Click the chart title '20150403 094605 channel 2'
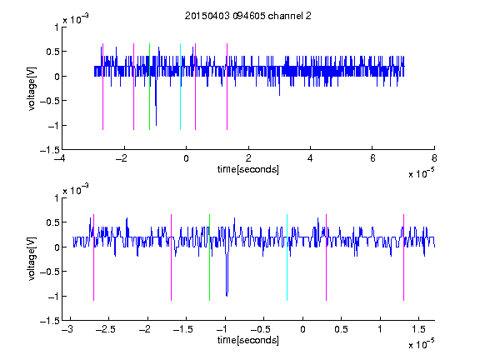tap(248, 16)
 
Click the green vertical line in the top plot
tap(149, 87)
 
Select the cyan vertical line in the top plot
tap(180, 87)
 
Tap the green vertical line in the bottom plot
tap(209, 257)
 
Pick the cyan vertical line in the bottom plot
tap(287, 257)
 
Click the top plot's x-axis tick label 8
tap(434, 158)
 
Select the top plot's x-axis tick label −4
tap(60, 158)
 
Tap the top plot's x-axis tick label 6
tap(372, 158)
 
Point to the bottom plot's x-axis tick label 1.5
tap(418, 329)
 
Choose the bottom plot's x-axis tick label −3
tap(67, 329)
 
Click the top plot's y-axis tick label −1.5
tap(50, 150)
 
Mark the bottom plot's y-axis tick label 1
tap(57, 198)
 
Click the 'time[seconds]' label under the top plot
tap(248, 169)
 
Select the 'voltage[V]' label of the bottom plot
tap(32, 259)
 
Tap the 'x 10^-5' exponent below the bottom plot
tap(421, 343)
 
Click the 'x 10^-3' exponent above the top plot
tap(76, 18)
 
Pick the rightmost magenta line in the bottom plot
tap(403, 257)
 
